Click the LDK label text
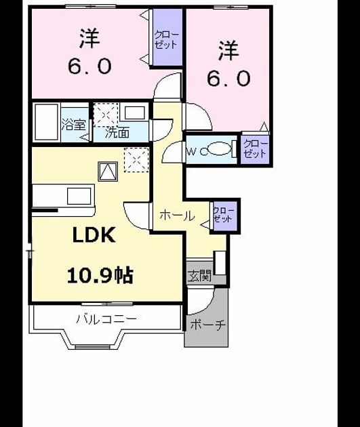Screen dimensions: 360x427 tap(94, 235)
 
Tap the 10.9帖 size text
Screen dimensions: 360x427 tap(100, 276)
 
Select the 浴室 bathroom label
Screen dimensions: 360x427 tap(73, 125)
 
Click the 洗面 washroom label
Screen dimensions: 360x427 tap(117, 133)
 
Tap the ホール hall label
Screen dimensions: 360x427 tap(177, 216)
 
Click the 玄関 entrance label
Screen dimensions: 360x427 tap(199, 277)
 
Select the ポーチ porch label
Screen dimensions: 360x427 tap(207, 325)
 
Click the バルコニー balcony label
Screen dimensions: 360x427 tap(106, 319)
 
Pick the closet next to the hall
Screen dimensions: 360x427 tap(224, 216)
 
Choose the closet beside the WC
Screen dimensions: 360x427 tap(255, 149)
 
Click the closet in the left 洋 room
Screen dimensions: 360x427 tap(167, 37)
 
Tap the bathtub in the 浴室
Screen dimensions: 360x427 tap(46, 121)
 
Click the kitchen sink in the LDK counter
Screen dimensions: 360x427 tap(79, 196)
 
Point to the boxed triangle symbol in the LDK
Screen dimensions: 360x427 tap(108, 171)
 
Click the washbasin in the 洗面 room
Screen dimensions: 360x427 tap(134, 113)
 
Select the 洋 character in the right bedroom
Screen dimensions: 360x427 tap(228, 51)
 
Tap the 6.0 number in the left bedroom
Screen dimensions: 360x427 tap(89, 66)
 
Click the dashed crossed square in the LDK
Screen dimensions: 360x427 tap(136, 160)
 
